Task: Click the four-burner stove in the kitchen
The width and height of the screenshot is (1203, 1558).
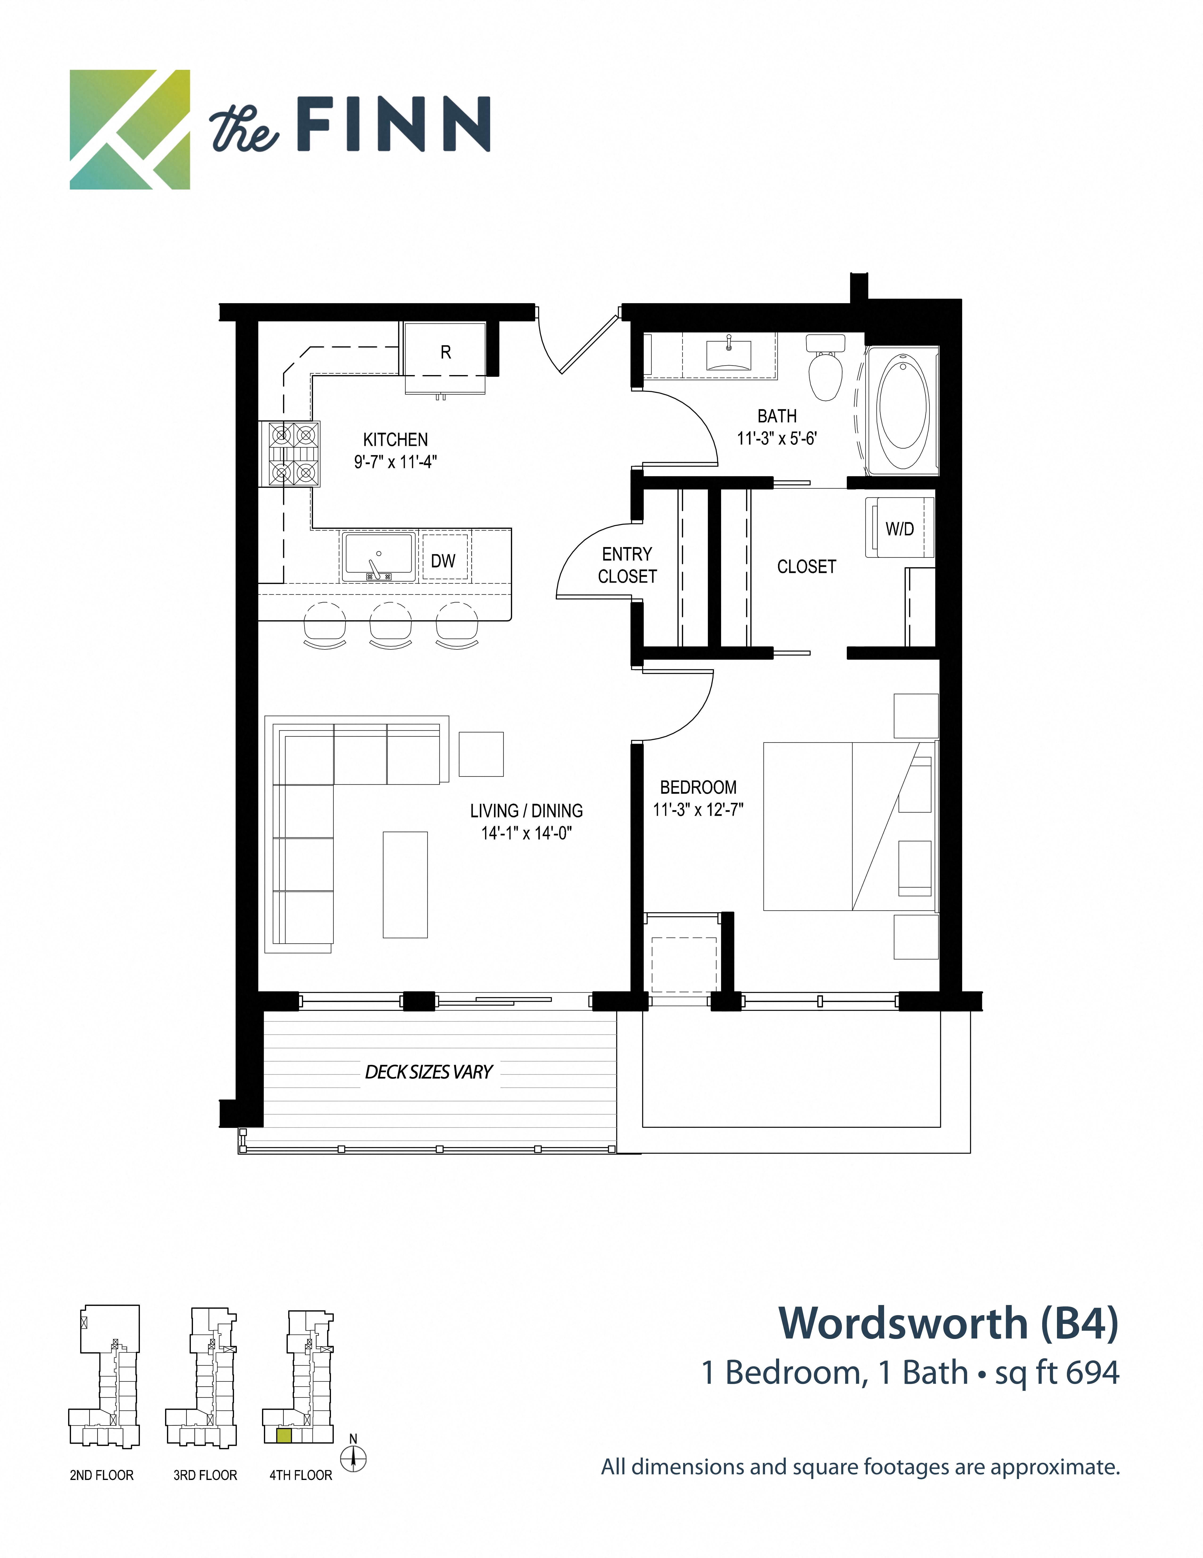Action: [x=293, y=454]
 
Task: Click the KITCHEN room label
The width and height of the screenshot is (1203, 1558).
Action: [x=395, y=439]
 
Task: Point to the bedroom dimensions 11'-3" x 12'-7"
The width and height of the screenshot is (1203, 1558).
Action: [x=698, y=810]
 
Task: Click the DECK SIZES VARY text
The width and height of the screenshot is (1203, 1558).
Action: [x=429, y=1072]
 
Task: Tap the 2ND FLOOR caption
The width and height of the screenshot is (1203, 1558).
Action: [x=101, y=1475]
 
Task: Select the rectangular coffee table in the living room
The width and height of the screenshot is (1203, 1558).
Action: [x=405, y=885]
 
